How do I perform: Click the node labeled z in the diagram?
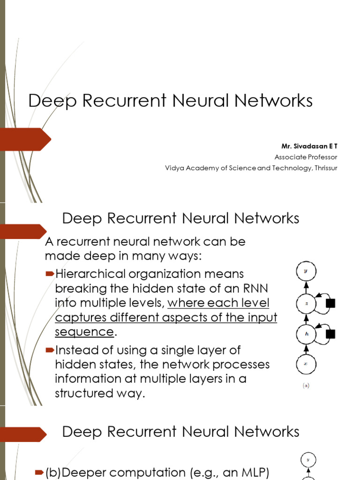point(306,303)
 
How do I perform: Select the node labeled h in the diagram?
point(306,334)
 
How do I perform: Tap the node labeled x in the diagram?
point(306,364)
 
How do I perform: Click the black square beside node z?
point(330,303)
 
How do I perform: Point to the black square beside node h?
point(330,334)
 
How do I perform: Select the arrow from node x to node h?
point(306,349)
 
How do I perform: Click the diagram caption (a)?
point(306,387)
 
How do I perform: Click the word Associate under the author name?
point(288,157)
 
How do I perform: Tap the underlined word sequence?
point(84,332)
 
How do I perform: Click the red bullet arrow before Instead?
point(50,350)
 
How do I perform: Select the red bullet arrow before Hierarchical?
point(50,273)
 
